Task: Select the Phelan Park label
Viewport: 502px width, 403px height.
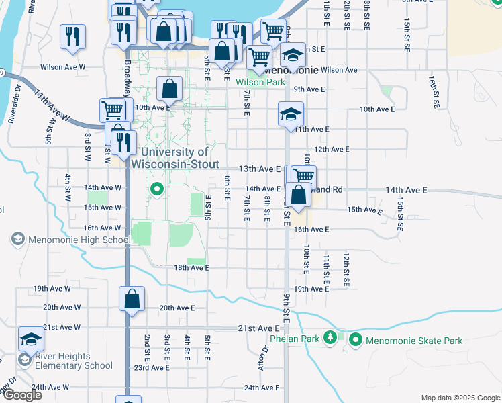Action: click(x=293, y=339)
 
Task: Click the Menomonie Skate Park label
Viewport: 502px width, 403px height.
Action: click(x=414, y=341)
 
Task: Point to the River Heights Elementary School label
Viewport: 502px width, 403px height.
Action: click(x=65, y=361)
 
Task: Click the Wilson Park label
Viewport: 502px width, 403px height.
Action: click(x=260, y=83)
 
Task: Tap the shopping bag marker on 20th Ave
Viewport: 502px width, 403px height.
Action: click(x=132, y=300)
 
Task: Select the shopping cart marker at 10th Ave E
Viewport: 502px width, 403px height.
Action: click(x=112, y=110)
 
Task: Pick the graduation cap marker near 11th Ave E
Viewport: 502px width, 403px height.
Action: click(x=291, y=114)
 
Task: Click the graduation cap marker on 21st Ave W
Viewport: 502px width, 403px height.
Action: click(x=31, y=339)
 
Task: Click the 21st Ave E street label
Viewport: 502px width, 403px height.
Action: click(x=259, y=328)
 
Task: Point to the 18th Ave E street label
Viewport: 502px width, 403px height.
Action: click(x=192, y=268)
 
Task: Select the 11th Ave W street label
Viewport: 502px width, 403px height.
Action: click(x=53, y=105)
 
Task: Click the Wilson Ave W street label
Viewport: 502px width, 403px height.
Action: click(x=62, y=67)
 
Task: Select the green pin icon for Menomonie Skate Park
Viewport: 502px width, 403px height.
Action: click(x=355, y=341)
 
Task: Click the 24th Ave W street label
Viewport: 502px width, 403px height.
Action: click(x=50, y=387)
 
